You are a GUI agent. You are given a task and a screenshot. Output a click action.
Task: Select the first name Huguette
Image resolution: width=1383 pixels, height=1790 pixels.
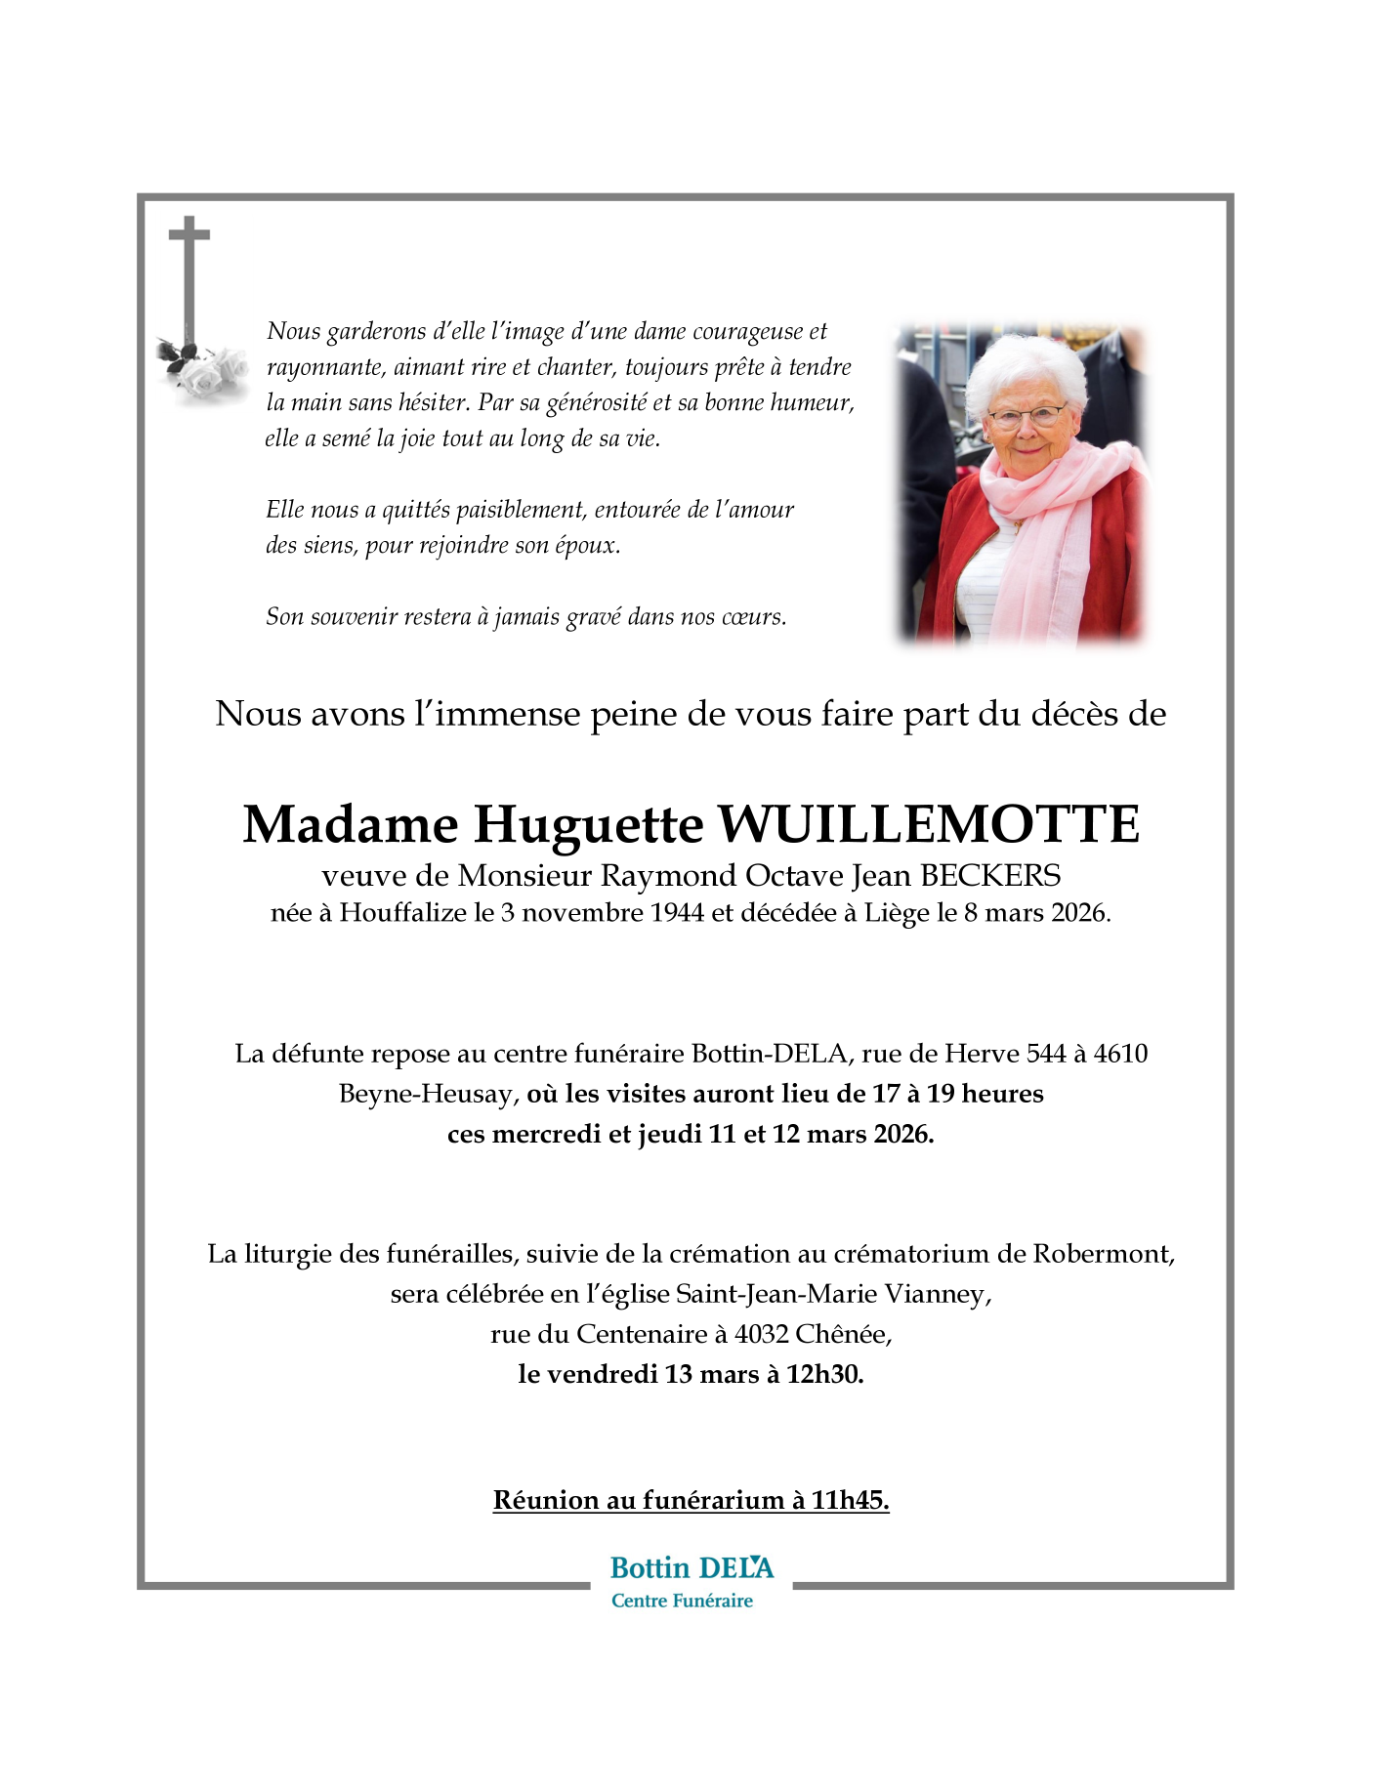[x=588, y=825]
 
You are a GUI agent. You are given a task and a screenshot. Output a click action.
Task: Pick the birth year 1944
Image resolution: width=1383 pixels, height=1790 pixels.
[x=677, y=913]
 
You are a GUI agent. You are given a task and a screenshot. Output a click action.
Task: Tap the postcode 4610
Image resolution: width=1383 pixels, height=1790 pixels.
[x=1120, y=1054]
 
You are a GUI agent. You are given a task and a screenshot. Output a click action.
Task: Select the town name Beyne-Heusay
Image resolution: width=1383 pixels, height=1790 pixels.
[x=425, y=1094]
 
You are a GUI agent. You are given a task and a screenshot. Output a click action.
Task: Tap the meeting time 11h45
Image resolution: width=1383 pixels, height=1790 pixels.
[x=849, y=1500]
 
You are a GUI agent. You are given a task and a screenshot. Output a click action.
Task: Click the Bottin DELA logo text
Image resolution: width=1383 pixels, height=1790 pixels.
[x=691, y=1568]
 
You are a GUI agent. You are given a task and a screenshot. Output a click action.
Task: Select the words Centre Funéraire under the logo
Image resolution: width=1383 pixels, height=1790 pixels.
[x=682, y=1601]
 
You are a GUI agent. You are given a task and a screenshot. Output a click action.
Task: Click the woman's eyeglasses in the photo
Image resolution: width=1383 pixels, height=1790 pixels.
[x=1025, y=418]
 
